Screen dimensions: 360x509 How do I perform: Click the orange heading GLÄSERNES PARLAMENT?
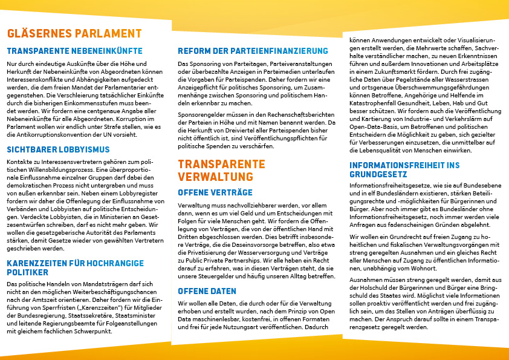74,34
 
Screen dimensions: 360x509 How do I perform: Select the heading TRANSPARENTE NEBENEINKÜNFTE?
75,51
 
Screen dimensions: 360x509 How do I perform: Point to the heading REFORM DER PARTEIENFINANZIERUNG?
253,51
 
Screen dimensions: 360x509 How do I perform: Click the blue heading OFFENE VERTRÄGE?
215,192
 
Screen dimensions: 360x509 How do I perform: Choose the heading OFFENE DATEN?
207,292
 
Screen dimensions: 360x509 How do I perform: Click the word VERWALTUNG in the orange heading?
216,177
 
